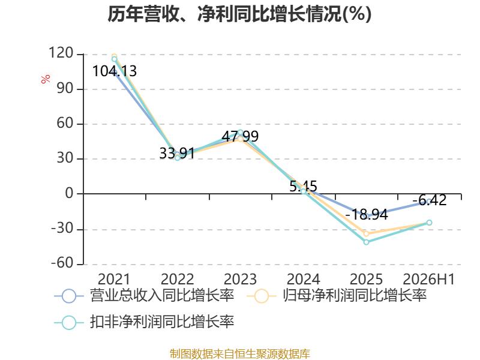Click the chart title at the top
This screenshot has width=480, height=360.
tap(239, 14)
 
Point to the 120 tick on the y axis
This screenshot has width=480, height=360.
tap(61, 53)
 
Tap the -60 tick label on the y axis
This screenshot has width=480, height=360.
tap(62, 263)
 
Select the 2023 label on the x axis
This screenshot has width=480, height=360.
tap(241, 279)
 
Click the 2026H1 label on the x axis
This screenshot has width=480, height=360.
tap(428, 279)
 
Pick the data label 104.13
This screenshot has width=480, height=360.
tap(114, 71)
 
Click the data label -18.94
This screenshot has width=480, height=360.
tap(367, 215)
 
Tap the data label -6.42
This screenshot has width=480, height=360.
tap(430, 200)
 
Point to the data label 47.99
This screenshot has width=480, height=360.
tap(241, 136)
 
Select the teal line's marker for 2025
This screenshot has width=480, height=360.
tap(367, 242)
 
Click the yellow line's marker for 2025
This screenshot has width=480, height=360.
tap(367, 234)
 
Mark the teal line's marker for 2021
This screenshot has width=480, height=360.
tap(114, 59)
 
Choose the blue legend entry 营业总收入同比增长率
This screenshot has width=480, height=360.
tap(144, 296)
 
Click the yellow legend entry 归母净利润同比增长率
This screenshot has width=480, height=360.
tap(337, 296)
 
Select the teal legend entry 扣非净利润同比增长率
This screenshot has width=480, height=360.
tap(144, 322)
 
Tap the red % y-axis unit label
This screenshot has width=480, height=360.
tap(46, 79)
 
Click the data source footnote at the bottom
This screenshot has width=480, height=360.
tap(239, 353)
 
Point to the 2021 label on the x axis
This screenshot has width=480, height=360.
tap(114, 279)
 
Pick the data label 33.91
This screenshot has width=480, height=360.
tap(177, 153)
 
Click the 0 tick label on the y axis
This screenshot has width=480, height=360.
tap(70, 193)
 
